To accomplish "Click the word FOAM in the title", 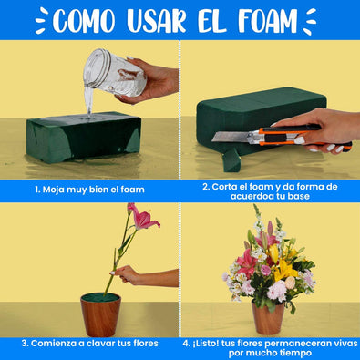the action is tap(268, 21).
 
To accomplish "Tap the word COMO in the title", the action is tap(84, 21).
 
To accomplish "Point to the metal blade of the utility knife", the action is tap(231, 137).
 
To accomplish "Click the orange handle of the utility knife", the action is tap(299, 136).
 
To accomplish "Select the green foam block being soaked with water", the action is tap(84, 138).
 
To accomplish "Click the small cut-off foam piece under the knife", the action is tap(231, 159).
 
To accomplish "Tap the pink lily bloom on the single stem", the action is tap(142, 216).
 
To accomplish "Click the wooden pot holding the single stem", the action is tap(100, 315).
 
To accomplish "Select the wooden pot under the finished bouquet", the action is tap(268, 318).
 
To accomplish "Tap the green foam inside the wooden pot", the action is tap(100, 297).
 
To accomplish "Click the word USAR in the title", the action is tap(156, 21).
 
